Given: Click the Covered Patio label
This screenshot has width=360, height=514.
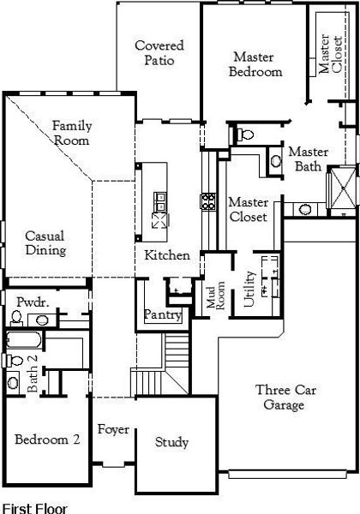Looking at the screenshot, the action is [x=159, y=52].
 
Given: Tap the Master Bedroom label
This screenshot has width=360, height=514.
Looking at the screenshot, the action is [x=255, y=64].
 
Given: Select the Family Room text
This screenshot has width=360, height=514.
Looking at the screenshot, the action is [x=72, y=133].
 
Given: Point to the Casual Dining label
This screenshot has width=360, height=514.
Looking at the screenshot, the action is [x=45, y=242].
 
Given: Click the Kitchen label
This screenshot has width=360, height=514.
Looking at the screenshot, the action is [x=167, y=255].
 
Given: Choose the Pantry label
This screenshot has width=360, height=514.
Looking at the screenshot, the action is [x=163, y=314].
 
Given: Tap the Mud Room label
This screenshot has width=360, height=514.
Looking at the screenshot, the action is [x=215, y=295].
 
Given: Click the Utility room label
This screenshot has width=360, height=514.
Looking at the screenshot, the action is [x=249, y=289].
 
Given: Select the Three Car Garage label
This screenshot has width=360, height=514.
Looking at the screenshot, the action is [x=285, y=397].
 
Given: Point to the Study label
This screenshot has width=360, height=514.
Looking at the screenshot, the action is [x=171, y=442].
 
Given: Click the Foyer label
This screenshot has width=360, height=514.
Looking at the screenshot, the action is [x=113, y=429].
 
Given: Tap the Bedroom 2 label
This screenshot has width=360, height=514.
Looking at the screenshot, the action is [x=47, y=439].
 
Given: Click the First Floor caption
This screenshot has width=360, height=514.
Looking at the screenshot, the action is [x=35, y=508].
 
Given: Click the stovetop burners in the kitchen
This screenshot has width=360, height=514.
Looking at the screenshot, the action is [x=208, y=201].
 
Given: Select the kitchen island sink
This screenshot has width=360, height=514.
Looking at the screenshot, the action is [x=160, y=201].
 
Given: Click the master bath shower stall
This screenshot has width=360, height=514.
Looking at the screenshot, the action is [x=343, y=188].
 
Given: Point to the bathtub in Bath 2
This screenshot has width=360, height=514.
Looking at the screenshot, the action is [x=24, y=339].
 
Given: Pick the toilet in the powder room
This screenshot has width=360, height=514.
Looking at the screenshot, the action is [x=15, y=318].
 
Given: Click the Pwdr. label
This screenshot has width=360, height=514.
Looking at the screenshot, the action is [x=33, y=302].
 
